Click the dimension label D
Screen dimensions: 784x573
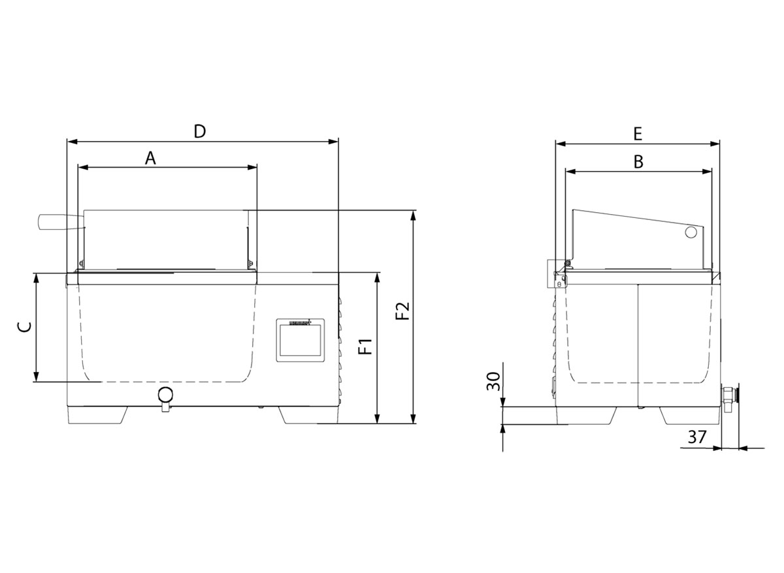point(200,131)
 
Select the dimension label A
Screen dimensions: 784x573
point(150,159)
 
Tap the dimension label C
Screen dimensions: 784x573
point(25,327)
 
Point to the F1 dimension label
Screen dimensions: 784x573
point(365,347)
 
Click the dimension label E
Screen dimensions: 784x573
point(638,134)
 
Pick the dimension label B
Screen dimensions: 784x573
point(639,163)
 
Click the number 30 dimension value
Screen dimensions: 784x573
point(494,381)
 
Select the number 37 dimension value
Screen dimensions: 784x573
point(697,437)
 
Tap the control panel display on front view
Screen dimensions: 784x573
point(301,341)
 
